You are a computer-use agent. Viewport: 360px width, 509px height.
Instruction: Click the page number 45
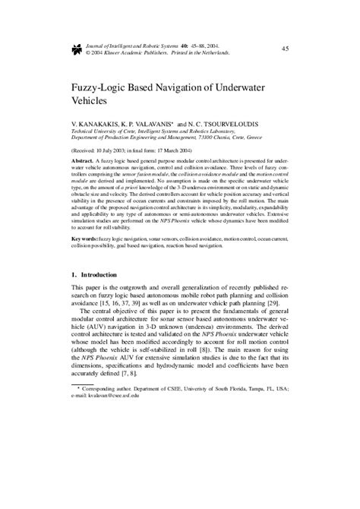coord(285,49)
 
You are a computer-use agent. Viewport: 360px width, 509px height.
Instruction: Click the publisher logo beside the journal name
coord(76,50)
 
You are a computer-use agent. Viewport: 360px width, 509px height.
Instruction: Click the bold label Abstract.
coord(83,162)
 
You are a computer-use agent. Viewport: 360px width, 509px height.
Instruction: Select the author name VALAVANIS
coord(159,122)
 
